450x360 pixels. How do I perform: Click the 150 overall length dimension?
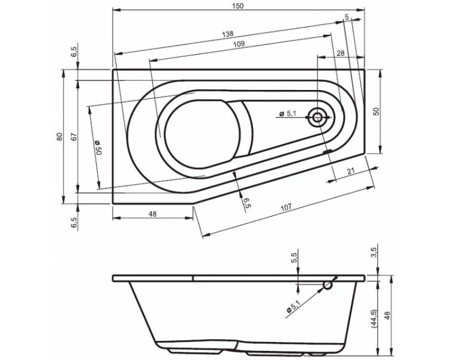[x=238, y=6]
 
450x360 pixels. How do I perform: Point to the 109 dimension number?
[x=239, y=44]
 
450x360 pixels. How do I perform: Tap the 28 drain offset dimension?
[x=340, y=53]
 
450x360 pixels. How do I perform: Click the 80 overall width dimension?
[x=59, y=137]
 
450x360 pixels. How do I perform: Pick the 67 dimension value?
[x=74, y=137]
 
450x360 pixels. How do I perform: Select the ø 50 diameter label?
[x=98, y=148]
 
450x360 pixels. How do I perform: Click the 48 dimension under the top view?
[x=152, y=214]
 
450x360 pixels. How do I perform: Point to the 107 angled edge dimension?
[x=286, y=207]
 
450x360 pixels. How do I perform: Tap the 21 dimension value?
[x=351, y=172]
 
